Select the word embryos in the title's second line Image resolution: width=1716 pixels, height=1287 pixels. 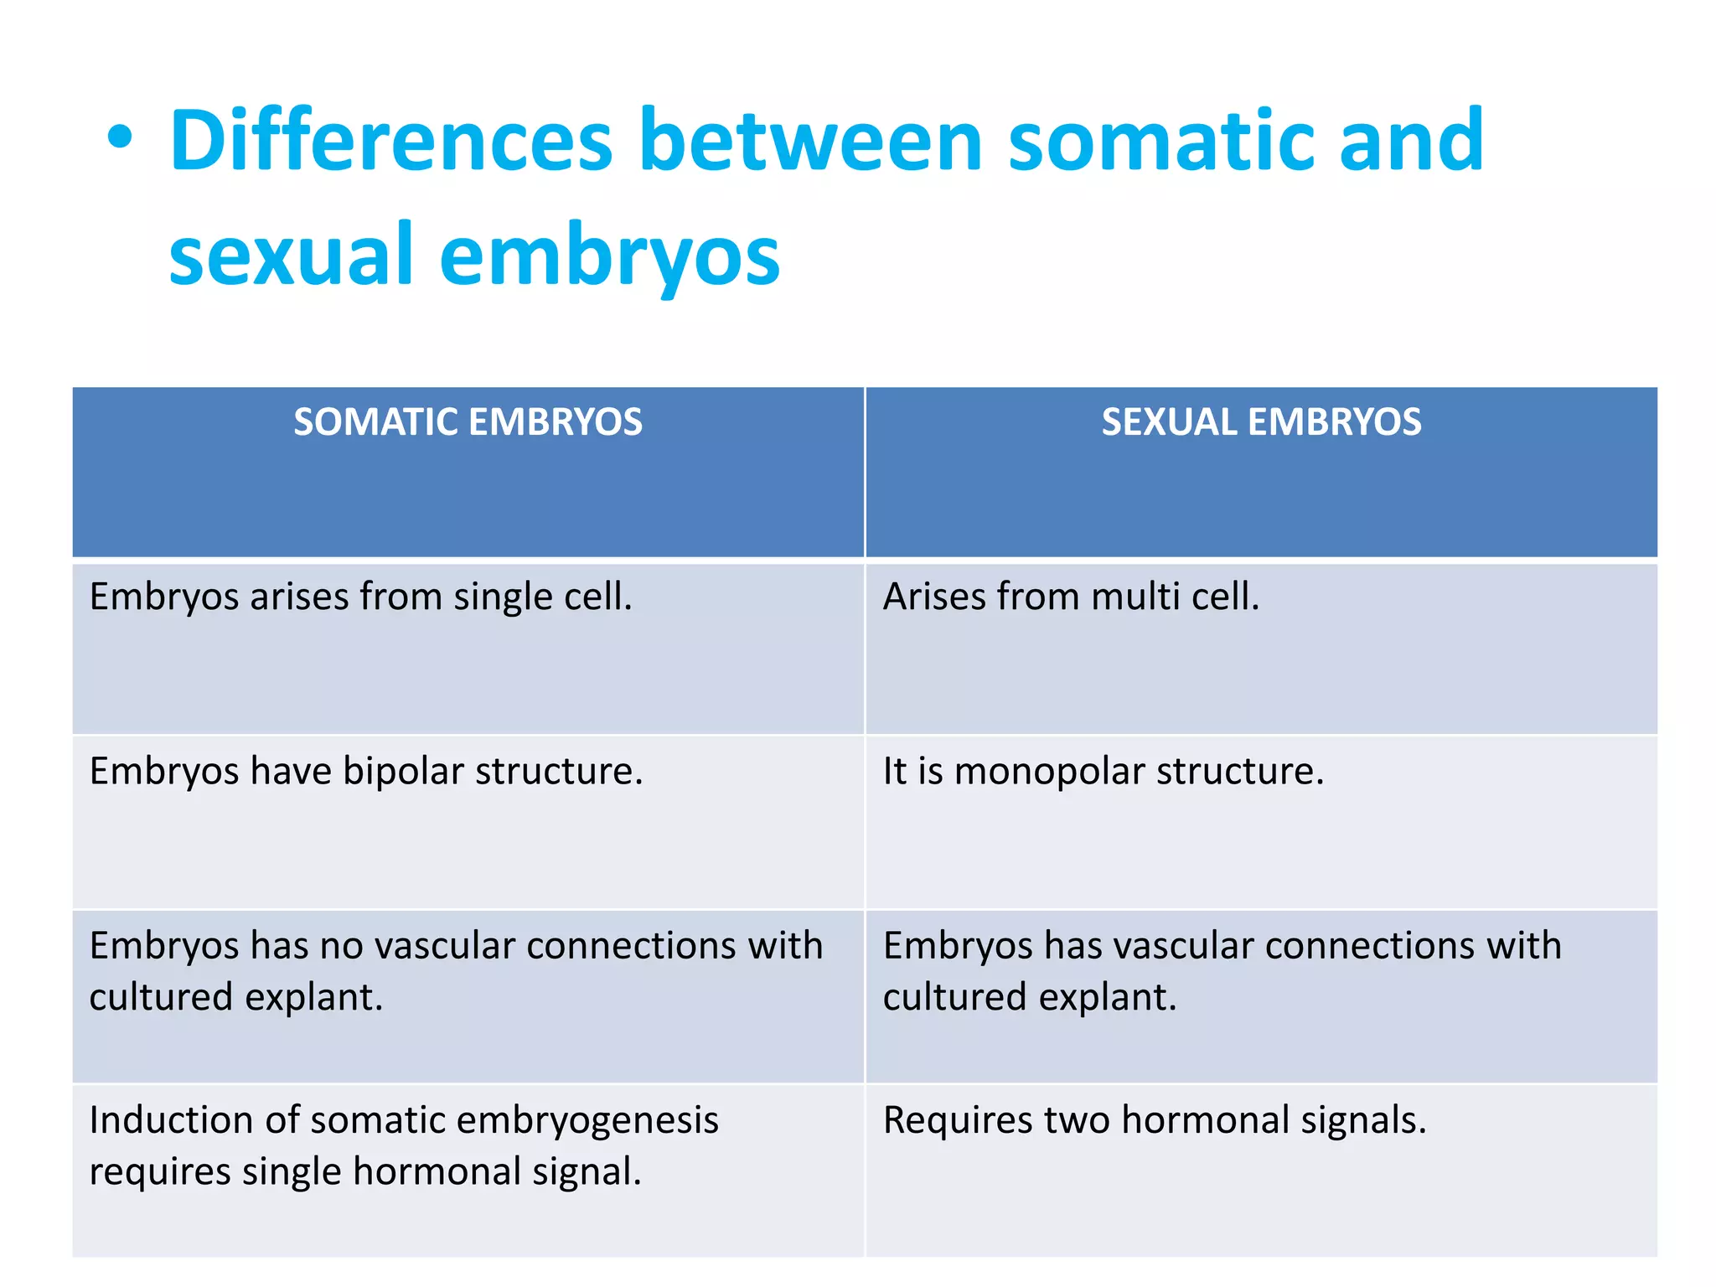click(x=609, y=256)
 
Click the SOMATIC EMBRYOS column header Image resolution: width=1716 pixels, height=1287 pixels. click(x=468, y=421)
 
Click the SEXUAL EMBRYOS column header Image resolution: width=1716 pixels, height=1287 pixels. click(x=1261, y=421)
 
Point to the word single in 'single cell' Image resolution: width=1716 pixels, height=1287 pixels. click(x=504, y=597)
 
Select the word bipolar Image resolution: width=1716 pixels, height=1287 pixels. click(x=402, y=772)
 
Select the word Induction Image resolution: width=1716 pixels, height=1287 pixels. click(x=170, y=1120)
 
